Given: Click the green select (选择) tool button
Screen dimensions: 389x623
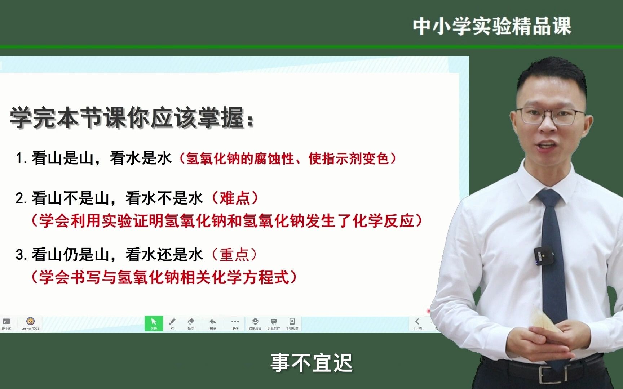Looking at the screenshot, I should click(x=154, y=323).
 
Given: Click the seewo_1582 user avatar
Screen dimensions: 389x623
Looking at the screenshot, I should click(x=31, y=321).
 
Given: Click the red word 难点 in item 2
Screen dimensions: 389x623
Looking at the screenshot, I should click(x=235, y=198).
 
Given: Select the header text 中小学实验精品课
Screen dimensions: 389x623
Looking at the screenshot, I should click(x=492, y=26).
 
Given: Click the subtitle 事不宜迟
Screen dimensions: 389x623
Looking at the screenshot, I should click(x=311, y=362).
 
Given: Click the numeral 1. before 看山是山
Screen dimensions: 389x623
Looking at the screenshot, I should click(x=21, y=158).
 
